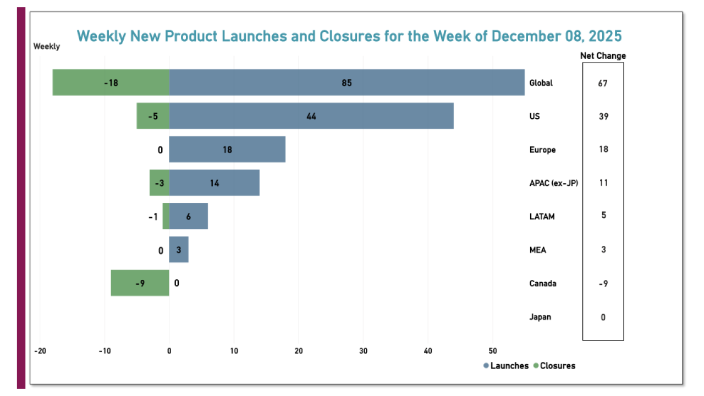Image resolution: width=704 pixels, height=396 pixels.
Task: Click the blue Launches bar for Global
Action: click(346, 82)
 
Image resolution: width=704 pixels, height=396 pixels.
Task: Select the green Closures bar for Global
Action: click(111, 82)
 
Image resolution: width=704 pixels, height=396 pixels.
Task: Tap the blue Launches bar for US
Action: click(311, 116)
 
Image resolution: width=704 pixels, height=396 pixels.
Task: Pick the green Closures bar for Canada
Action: click(140, 283)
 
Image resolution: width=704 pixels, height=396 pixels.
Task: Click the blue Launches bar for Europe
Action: click(227, 150)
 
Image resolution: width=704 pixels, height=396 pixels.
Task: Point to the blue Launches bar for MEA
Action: click(179, 250)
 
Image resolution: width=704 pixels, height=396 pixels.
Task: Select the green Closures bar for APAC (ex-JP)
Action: click(159, 183)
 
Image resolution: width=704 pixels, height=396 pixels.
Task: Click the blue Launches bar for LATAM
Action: click(188, 216)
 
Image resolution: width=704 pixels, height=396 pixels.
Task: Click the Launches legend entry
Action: click(505, 366)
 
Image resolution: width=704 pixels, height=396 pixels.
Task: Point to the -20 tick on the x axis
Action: click(40, 351)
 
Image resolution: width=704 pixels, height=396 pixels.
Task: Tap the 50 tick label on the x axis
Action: click(493, 351)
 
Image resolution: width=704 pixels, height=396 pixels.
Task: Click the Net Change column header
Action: click(603, 56)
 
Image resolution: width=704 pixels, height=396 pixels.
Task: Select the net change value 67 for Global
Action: click(603, 83)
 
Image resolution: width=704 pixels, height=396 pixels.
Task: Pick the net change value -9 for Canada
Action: click(603, 283)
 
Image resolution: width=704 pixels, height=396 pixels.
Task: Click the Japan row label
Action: click(540, 317)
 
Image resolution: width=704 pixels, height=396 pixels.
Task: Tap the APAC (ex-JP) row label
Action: click(553, 183)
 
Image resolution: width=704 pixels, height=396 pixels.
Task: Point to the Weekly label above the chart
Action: click(47, 47)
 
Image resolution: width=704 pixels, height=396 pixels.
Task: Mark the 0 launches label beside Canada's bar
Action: click(177, 283)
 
